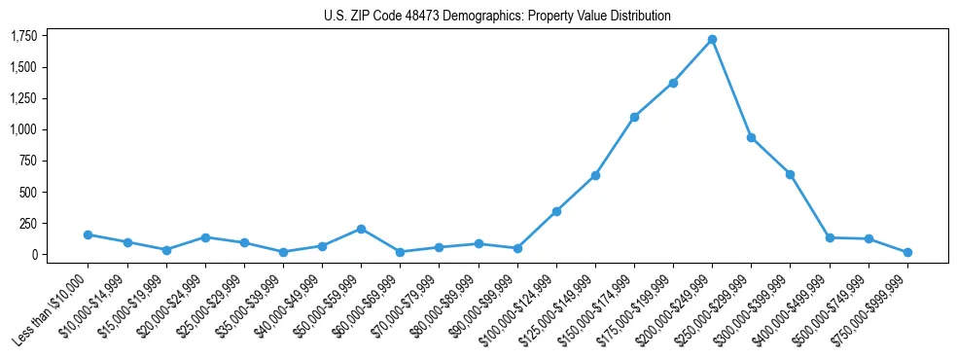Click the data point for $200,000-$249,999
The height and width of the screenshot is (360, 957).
tap(712, 39)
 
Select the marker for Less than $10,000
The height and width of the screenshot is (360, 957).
tap(89, 234)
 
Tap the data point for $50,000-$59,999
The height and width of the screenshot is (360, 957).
tap(361, 229)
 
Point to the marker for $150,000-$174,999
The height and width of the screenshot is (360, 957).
tap(634, 117)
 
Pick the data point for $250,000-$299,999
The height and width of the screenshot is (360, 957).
tap(751, 137)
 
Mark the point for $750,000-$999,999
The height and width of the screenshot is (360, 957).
tap(907, 252)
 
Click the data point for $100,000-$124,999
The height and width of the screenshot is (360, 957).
tap(556, 211)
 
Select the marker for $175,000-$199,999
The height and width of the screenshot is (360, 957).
tap(673, 83)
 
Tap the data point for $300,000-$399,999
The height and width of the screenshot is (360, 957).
tap(790, 174)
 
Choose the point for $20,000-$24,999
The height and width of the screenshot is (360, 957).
tap(205, 236)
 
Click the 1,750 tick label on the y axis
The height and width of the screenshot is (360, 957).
tap(23, 36)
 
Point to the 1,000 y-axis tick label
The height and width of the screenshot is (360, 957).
tap(23, 129)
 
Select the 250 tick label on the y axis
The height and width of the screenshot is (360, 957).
tap(28, 224)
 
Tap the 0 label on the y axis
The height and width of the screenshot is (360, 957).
tap(34, 255)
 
